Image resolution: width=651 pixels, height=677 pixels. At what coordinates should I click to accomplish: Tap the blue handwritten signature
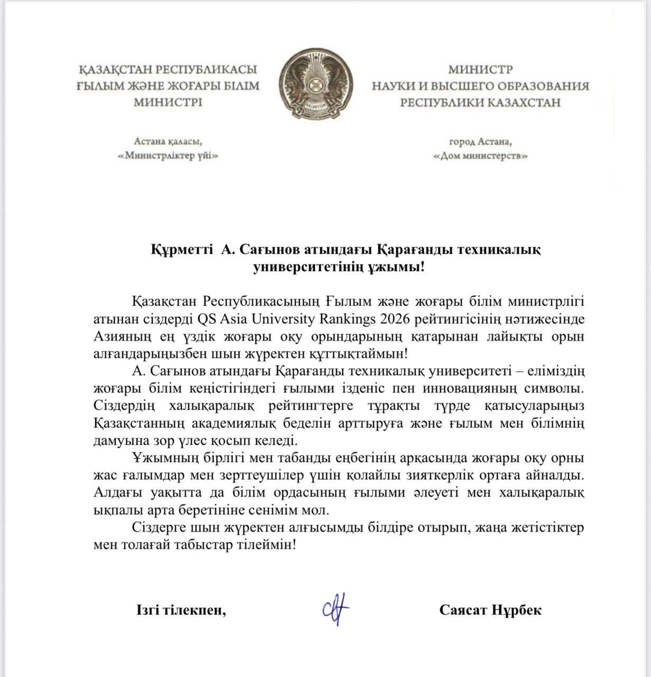(336, 610)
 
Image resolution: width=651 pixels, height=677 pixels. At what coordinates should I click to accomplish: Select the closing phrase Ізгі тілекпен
(181, 610)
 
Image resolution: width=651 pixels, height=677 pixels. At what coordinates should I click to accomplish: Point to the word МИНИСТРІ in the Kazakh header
(168, 102)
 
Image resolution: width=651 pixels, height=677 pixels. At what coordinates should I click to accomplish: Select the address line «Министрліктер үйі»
(168, 156)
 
